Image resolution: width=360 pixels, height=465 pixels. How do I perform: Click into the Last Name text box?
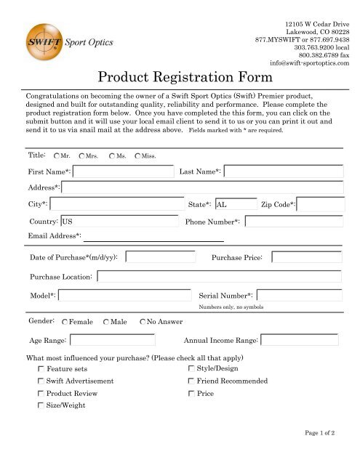tap(284, 172)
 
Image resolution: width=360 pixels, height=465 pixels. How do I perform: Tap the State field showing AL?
tap(236, 205)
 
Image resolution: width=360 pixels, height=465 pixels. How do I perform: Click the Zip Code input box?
tap(320, 205)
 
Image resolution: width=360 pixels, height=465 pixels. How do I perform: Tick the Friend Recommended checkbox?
tap(191, 381)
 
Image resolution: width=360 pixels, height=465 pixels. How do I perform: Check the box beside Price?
tap(191, 393)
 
